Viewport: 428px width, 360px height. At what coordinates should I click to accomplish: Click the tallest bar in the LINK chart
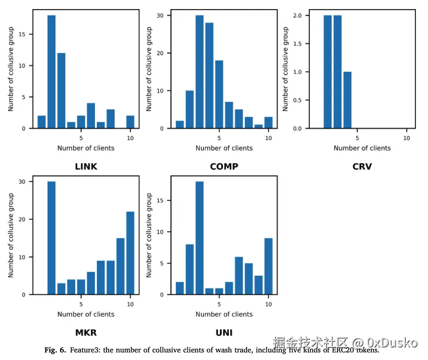51,72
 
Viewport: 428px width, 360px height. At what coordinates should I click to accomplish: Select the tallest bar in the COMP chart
200,72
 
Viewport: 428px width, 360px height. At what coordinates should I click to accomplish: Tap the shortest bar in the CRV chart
348,100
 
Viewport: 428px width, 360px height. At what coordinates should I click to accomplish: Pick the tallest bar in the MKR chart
51,238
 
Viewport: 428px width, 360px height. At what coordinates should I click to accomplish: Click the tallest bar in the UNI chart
200,238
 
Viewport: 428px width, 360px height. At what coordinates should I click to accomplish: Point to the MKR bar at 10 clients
130,253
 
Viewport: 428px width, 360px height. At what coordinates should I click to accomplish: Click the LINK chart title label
86,167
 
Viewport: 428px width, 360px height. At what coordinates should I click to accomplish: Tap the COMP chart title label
224,167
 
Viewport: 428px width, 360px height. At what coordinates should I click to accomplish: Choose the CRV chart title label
362,167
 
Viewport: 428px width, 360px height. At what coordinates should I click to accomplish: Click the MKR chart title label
86,333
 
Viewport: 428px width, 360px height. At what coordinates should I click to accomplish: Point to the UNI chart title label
224,333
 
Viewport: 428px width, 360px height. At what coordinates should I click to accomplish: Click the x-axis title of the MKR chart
86,314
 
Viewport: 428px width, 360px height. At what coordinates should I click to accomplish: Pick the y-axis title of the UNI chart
149,235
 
